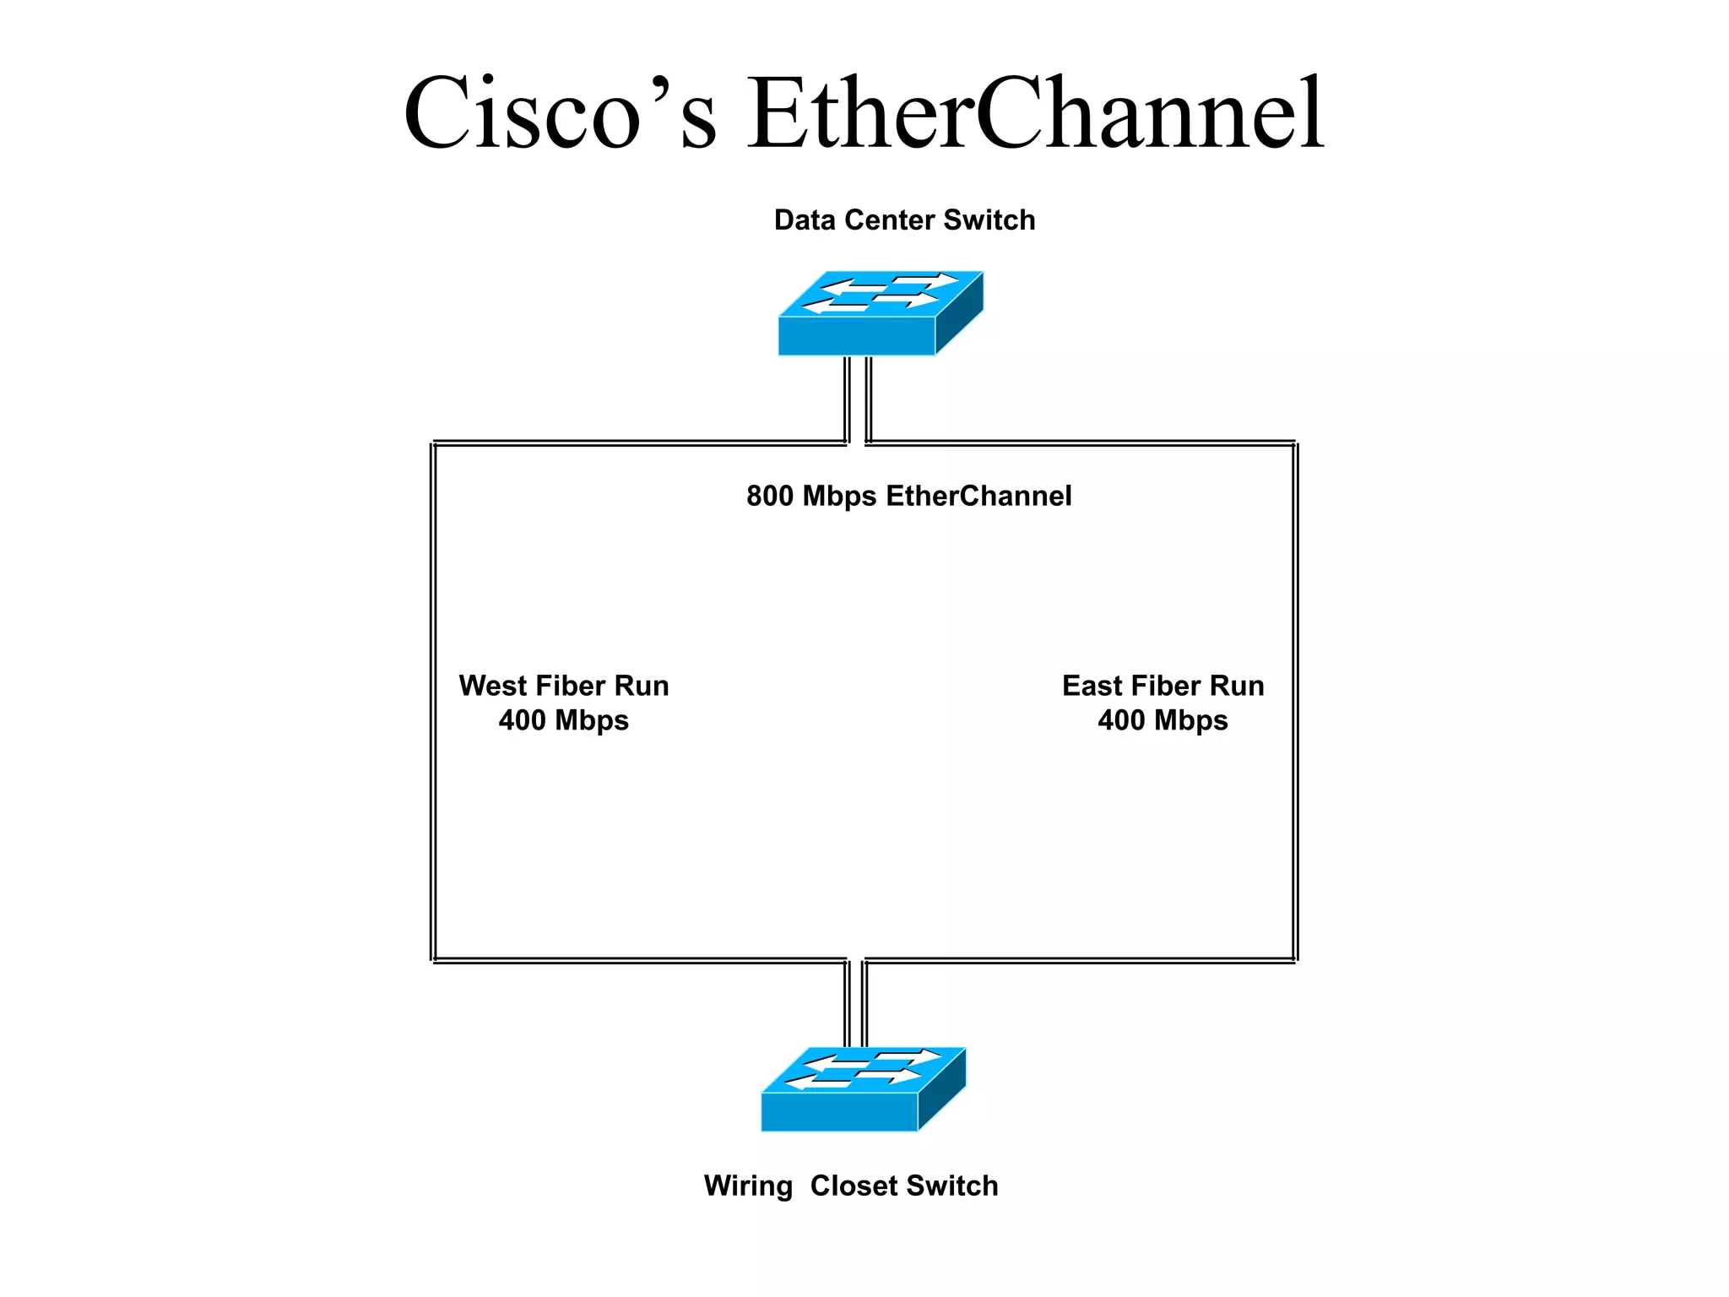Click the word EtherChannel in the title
[1036, 114]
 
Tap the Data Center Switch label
[904, 220]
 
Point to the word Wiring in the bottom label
[748, 1186]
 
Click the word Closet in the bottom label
[854, 1186]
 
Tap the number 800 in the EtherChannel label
[769, 497]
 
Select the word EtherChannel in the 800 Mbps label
[978, 497]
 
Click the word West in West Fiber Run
[492, 686]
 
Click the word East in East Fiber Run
[1092, 686]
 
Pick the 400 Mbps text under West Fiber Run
[563, 720]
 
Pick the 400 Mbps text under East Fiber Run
[1163, 720]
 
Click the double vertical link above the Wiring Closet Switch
[855, 1003]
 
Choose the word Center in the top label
[889, 220]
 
